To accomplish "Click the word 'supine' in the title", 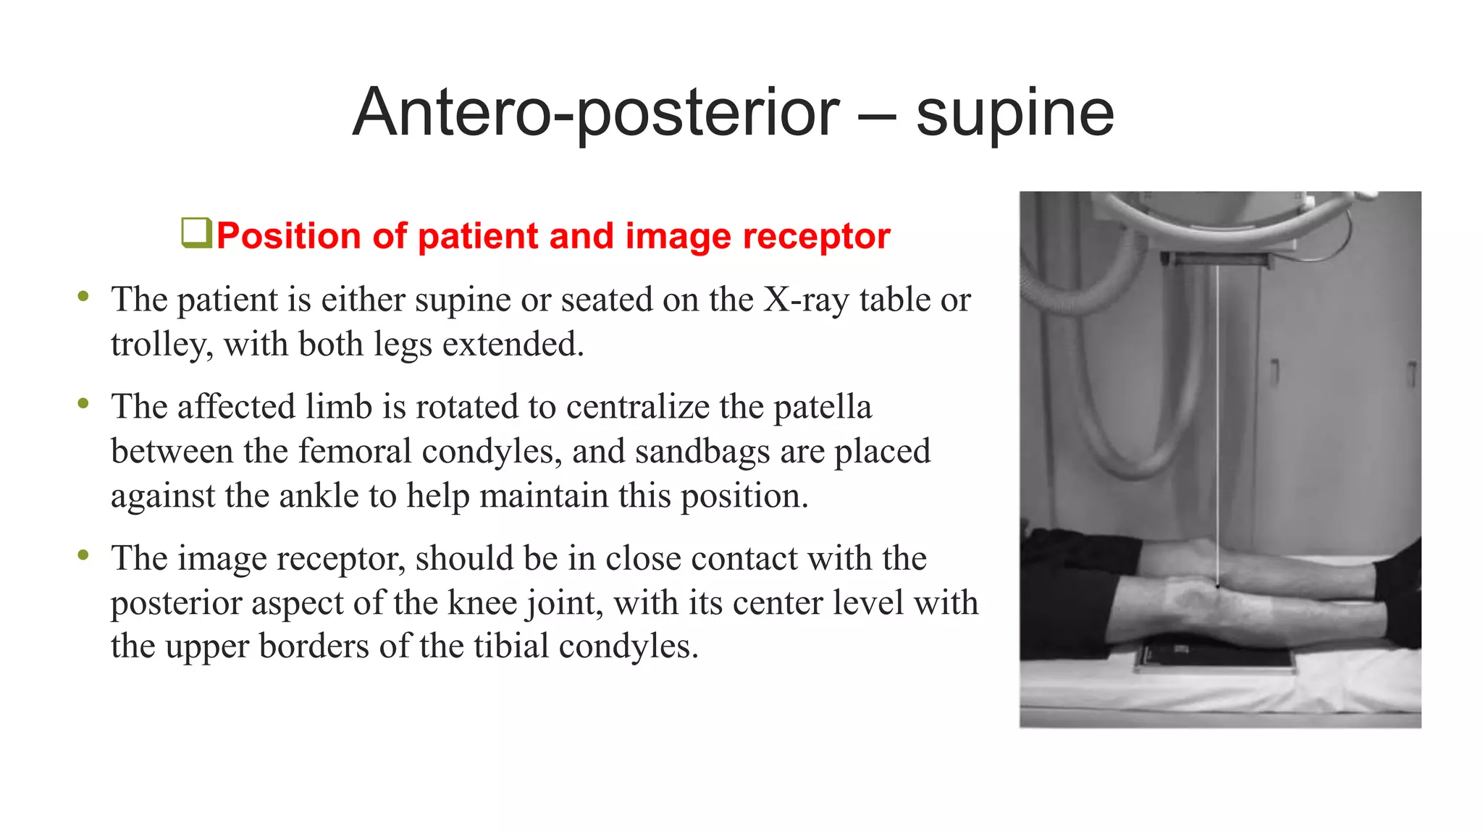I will coord(1014,114).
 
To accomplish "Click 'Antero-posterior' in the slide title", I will coord(595,114).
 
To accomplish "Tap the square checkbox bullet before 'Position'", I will coord(196,233).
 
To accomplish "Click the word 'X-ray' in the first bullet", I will coord(806,300).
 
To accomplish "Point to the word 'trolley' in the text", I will coord(161,345).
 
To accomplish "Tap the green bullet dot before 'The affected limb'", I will coord(83,404).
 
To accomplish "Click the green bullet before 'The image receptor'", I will coord(83,555).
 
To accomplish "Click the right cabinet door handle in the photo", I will coord(1411,373).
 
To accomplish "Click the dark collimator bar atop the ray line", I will coord(1218,259).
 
